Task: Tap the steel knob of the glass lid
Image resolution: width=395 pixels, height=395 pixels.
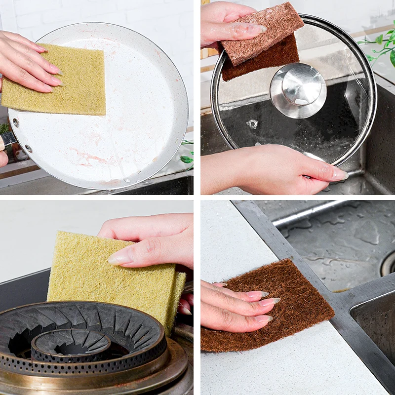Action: click(298, 89)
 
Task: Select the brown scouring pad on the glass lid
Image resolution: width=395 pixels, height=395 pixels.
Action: click(262, 42)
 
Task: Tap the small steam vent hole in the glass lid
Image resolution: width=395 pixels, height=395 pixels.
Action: click(252, 124)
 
